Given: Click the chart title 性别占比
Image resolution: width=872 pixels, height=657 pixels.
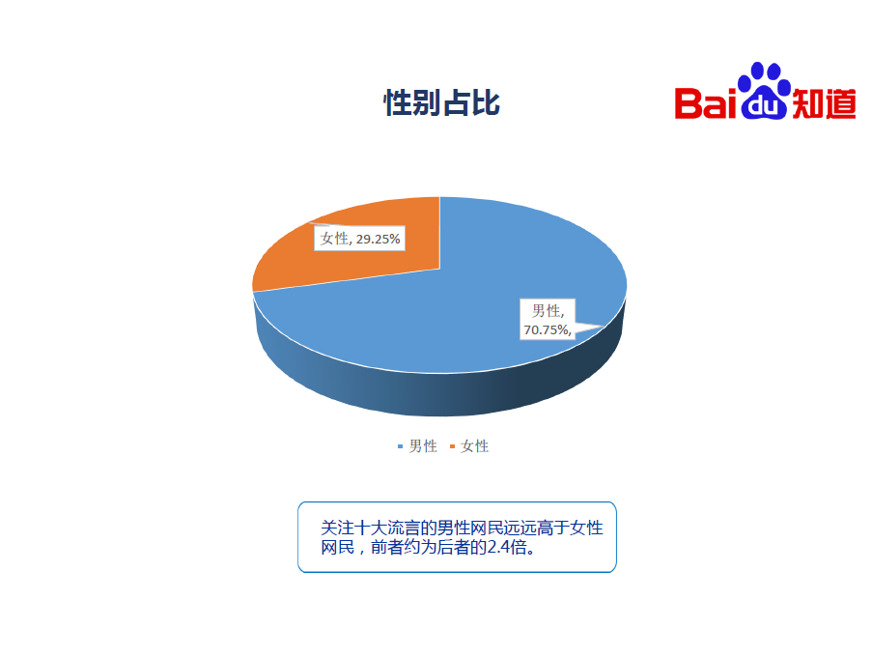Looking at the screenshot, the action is tap(441, 103).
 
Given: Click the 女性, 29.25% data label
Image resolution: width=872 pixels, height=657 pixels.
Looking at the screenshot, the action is tap(360, 239).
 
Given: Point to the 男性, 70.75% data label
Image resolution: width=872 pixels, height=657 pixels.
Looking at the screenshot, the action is tap(548, 319).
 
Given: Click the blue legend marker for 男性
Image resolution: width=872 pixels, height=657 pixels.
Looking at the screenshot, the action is tap(400, 446).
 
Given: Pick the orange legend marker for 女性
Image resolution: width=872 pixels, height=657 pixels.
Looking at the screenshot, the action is tap(452, 446).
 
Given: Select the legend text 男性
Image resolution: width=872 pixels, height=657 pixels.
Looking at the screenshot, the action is tap(423, 446).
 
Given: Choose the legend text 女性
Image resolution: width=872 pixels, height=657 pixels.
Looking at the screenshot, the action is tap(475, 446).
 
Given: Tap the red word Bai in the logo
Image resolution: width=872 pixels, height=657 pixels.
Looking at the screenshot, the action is tap(706, 103).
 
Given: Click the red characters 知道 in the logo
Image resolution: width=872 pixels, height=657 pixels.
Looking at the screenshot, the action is tap(824, 103).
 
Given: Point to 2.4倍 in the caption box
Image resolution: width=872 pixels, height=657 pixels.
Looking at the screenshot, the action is tap(507, 548).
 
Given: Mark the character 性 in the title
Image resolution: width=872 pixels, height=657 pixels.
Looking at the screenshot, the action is tap(398, 103).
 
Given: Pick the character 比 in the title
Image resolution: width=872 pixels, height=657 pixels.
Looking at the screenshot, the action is tap(486, 103).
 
